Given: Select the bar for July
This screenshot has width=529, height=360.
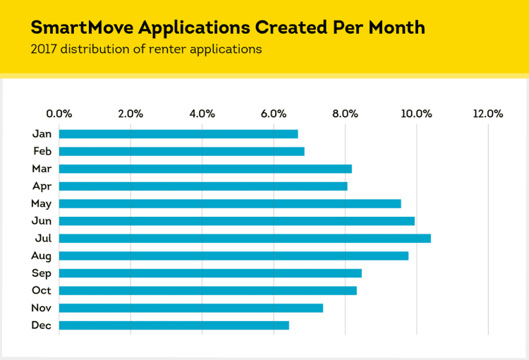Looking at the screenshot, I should click(245, 239).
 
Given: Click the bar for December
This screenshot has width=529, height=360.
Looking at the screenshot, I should click(174, 325).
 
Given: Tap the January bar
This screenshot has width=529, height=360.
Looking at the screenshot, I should click(178, 134).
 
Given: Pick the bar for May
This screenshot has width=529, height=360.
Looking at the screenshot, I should click(230, 204).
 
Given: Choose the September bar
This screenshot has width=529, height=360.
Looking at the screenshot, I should click(210, 273).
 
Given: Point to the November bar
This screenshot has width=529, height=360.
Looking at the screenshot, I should click(191, 308).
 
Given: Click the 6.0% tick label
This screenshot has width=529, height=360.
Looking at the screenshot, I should click(274, 113).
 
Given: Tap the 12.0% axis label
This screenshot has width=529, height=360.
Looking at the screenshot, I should click(488, 113).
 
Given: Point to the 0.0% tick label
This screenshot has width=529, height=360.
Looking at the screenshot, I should click(59, 113).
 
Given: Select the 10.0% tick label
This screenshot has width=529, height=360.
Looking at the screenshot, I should click(416, 113).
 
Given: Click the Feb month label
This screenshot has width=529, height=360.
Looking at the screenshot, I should click(42, 151).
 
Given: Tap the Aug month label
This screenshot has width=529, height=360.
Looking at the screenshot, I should click(41, 256).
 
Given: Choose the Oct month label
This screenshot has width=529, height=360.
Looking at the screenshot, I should click(42, 291).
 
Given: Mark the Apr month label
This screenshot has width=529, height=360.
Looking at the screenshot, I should click(42, 186).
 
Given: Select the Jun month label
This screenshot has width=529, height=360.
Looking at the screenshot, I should click(42, 221).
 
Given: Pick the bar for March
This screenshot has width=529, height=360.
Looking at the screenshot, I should click(205, 169).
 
